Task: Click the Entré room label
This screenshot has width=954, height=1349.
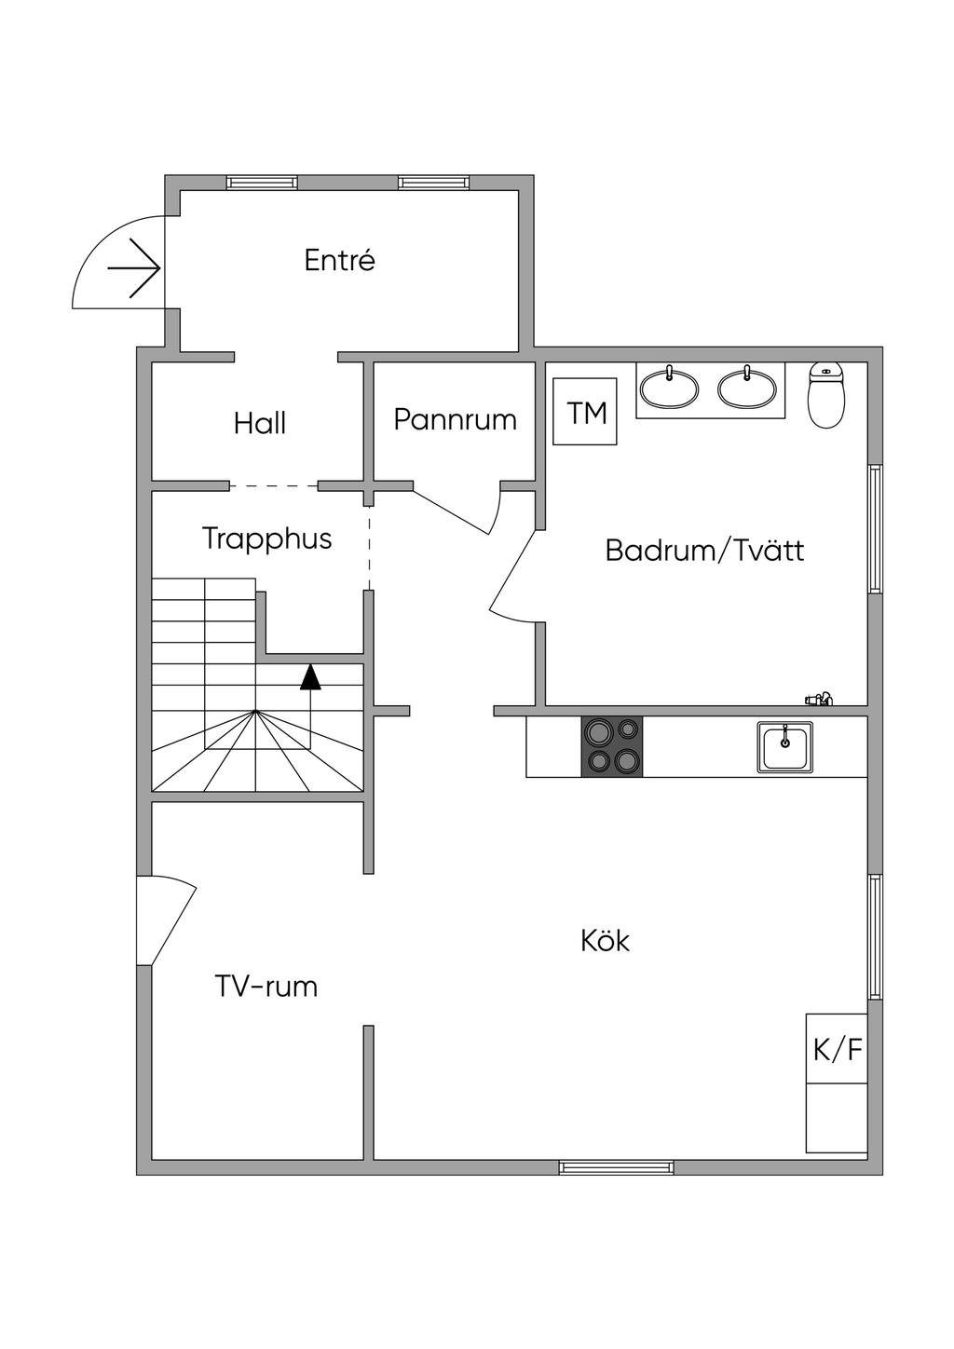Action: [x=340, y=261]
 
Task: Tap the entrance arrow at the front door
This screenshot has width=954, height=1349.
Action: [x=134, y=268]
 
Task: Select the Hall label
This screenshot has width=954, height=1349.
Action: [x=260, y=423]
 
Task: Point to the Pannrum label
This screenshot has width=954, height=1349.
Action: [x=456, y=419]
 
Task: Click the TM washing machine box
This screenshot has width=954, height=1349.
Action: [x=585, y=412]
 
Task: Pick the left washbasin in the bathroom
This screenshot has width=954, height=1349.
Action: [x=669, y=387]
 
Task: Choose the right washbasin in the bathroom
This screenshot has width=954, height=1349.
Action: [x=747, y=387]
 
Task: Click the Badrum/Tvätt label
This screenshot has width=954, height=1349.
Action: [x=704, y=551]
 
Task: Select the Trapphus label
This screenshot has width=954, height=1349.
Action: [x=267, y=538]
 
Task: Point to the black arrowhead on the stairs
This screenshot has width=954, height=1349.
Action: [x=311, y=676]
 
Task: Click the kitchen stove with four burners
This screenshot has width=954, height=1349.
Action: [x=612, y=746]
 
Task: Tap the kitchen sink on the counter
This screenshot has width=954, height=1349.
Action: [x=784, y=747]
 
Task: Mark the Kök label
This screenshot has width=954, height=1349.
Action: [x=606, y=941]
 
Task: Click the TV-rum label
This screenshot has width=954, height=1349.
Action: [x=266, y=987]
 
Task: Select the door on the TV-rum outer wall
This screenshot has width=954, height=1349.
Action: [x=166, y=920]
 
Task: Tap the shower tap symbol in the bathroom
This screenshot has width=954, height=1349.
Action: [x=819, y=700]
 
